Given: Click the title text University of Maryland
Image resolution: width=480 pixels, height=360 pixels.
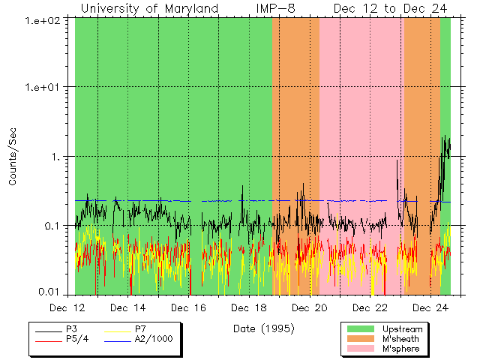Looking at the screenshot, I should coord(149,8).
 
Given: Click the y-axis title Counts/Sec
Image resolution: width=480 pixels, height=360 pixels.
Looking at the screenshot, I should coord(12,157).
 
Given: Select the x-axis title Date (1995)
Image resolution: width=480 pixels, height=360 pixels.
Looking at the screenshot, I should coord(263,328).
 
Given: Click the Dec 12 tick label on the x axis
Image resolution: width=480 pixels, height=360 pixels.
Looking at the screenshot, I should coord(67,307).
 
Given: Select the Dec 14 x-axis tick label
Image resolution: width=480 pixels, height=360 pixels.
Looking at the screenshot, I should coord(127,307).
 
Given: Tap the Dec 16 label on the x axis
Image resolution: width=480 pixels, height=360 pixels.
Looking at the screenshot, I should coord(188,307).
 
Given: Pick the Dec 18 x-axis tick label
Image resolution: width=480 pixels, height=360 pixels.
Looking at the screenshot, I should coord(249,307).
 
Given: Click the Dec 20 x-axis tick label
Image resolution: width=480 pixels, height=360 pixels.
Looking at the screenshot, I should coord(310,307).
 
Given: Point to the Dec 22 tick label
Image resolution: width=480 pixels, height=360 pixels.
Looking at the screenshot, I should coord(370,307).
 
